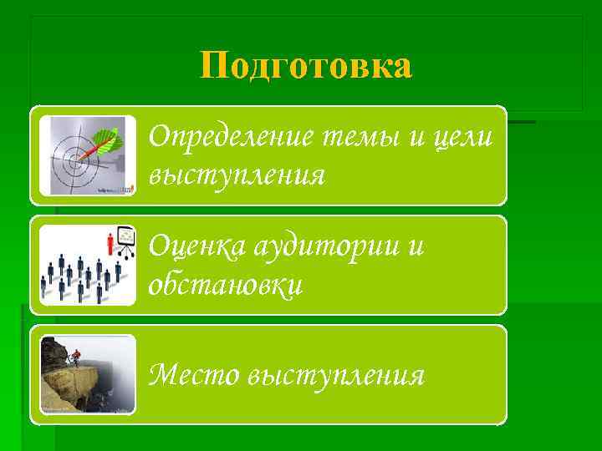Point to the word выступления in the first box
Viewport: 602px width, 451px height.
pyautogui.click(x=236, y=175)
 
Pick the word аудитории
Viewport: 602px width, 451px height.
pyautogui.click(x=321, y=246)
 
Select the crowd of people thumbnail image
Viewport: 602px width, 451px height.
pyautogui.click(x=88, y=265)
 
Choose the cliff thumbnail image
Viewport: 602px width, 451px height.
pyautogui.click(x=88, y=375)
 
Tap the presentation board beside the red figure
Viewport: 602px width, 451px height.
pyautogui.click(x=125, y=240)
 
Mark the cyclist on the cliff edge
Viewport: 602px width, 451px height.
pyautogui.click(x=74, y=357)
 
